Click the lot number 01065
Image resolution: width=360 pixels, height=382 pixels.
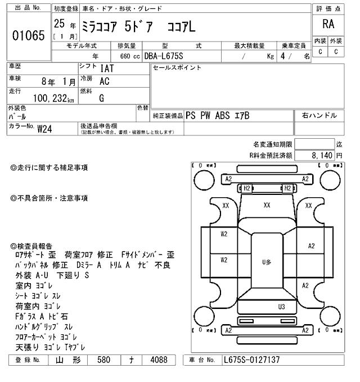(28, 35)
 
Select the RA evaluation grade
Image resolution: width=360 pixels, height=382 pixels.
(328, 24)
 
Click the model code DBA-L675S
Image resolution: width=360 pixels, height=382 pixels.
(164, 56)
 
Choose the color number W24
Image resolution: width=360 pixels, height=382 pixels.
(45, 128)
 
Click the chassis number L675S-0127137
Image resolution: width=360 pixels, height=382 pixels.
(251, 360)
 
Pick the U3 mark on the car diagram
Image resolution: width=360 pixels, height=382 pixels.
(282, 307)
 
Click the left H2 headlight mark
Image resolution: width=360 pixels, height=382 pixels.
(246, 188)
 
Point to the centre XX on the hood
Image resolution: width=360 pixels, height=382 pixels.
(267, 206)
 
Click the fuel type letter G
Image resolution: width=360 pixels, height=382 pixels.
(101, 98)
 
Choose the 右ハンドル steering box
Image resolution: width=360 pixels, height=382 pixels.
(319, 116)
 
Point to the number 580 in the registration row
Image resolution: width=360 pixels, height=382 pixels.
(103, 360)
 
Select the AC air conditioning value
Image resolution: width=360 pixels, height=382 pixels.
(105, 81)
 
